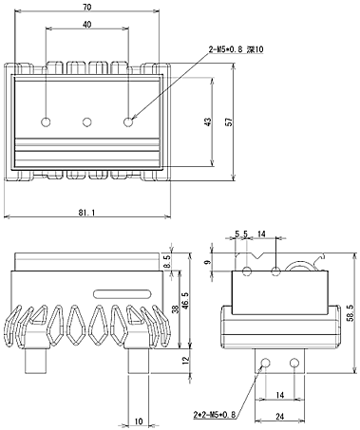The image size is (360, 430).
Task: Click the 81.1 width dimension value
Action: coord(86,213)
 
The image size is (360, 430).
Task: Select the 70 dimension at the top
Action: coord(86,7)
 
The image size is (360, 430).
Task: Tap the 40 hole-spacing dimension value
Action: coord(86,25)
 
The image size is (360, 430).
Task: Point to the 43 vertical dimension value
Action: coord(207,122)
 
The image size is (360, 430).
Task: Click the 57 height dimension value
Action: coord(229,122)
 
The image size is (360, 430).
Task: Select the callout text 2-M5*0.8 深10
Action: coord(236,49)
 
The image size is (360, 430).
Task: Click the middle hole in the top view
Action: coord(87,122)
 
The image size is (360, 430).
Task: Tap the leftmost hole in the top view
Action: coord(46,122)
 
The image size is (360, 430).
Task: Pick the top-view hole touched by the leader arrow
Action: coord(128,122)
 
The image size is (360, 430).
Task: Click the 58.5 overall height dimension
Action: coord(350,313)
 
